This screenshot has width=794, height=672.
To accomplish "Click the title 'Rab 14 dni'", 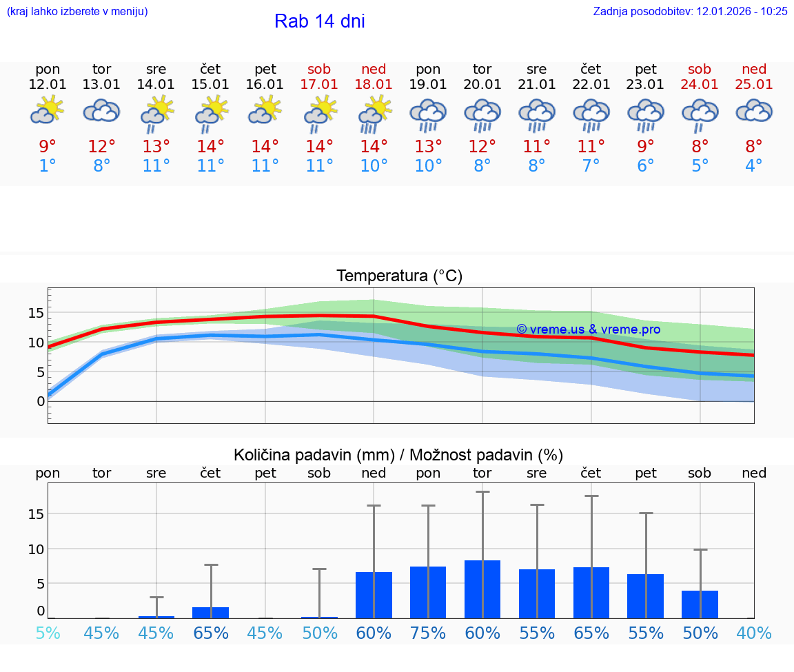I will point(319,21).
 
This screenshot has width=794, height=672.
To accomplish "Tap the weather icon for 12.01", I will point(47,110).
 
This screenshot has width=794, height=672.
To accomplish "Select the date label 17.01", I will point(319,84).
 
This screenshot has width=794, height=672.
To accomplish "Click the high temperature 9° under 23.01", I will point(646,146).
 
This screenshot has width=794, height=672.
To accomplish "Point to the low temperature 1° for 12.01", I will point(47,165).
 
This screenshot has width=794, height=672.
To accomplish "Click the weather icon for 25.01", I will point(754,110).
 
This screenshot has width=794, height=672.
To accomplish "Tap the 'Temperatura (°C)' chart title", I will point(399,276).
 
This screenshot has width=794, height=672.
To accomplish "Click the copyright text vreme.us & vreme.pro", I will point(588,329).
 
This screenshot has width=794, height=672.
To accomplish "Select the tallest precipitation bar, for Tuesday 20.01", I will point(482,589).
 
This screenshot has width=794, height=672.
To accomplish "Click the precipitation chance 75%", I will point(428,633).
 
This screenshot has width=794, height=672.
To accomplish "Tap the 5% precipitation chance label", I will point(47,633).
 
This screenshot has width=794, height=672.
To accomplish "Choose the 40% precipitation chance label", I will point(754,633).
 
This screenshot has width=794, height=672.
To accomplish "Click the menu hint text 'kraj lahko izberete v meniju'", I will point(77,11).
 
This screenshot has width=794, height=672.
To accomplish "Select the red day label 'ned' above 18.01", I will point(374,69).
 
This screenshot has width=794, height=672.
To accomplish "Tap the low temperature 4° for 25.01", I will point(754,165).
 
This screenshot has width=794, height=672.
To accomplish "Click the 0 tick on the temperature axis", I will point(41,401).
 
